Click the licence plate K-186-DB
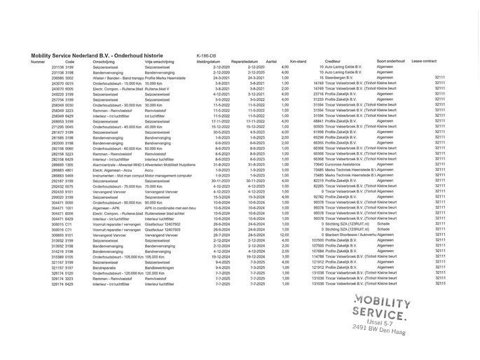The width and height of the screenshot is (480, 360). pyautogui.click(x=206, y=55)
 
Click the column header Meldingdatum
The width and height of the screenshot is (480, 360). pyautogui.click(x=208, y=62)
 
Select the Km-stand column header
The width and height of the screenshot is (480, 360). pyautogui.click(x=298, y=62)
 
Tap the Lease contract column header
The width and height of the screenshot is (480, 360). pyautogui.click(x=424, y=62)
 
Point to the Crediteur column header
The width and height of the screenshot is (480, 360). pyautogui.click(x=333, y=62)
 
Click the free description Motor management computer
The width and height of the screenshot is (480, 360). pyautogui.click(x=168, y=175)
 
